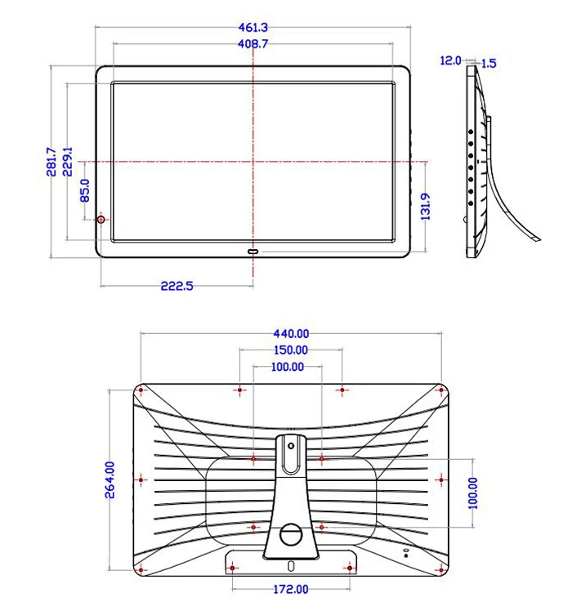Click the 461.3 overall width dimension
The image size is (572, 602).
(x=252, y=28)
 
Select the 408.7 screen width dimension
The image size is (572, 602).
(x=252, y=44)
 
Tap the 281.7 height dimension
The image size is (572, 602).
(x=51, y=162)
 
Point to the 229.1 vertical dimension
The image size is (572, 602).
(x=68, y=162)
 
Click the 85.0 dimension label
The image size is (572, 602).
(x=85, y=190)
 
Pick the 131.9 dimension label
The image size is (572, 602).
(x=426, y=207)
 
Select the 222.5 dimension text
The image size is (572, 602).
(x=177, y=286)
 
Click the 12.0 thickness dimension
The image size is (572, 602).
(x=450, y=60)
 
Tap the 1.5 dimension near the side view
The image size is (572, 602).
(x=489, y=64)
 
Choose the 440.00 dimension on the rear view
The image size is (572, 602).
(x=291, y=334)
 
